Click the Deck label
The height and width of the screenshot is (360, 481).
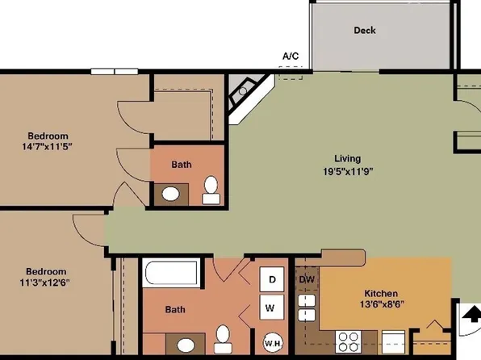pyautogui.click(x=365, y=31)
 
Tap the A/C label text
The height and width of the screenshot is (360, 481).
pyautogui.click(x=291, y=56)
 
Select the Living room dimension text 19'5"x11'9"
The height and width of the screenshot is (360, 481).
pyautogui.click(x=348, y=172)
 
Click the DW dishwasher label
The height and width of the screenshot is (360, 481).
pyautogui.click(x=307, y=279)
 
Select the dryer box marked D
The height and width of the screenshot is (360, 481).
pyautogui.click(x=273, y=279)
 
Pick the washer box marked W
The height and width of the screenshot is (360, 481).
pyautogui.click(x=273, y=307)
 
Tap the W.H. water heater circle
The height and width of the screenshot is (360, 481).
pyautogui.click(x=272, y=341)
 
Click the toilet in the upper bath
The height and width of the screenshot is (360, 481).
pyautogui.click(x=211, y=188)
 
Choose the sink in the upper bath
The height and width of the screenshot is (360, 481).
pyautogui.click(x=170, y=194)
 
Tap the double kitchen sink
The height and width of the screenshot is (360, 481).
pyautogui.click(x=307, y=308)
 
